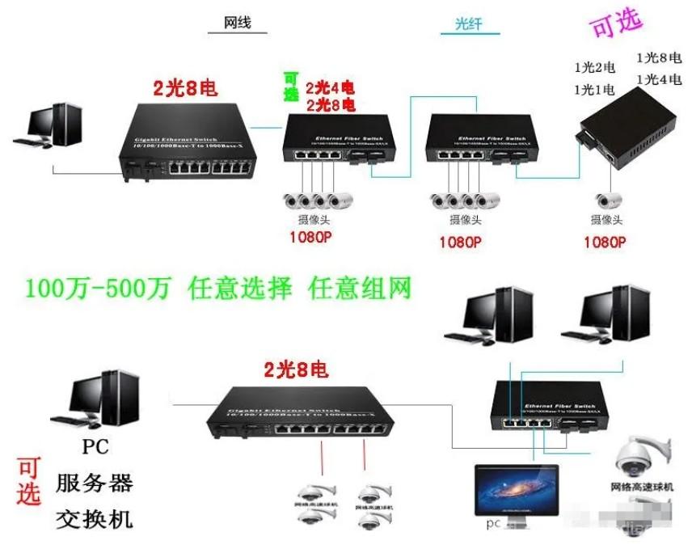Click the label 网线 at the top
point(237,23)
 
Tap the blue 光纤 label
point(470,25)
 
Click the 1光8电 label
point(657,57)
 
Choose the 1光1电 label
point(594,88)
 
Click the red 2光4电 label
point(329,87)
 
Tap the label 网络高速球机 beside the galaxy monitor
point(641,488)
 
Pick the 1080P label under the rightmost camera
point(605,241)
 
